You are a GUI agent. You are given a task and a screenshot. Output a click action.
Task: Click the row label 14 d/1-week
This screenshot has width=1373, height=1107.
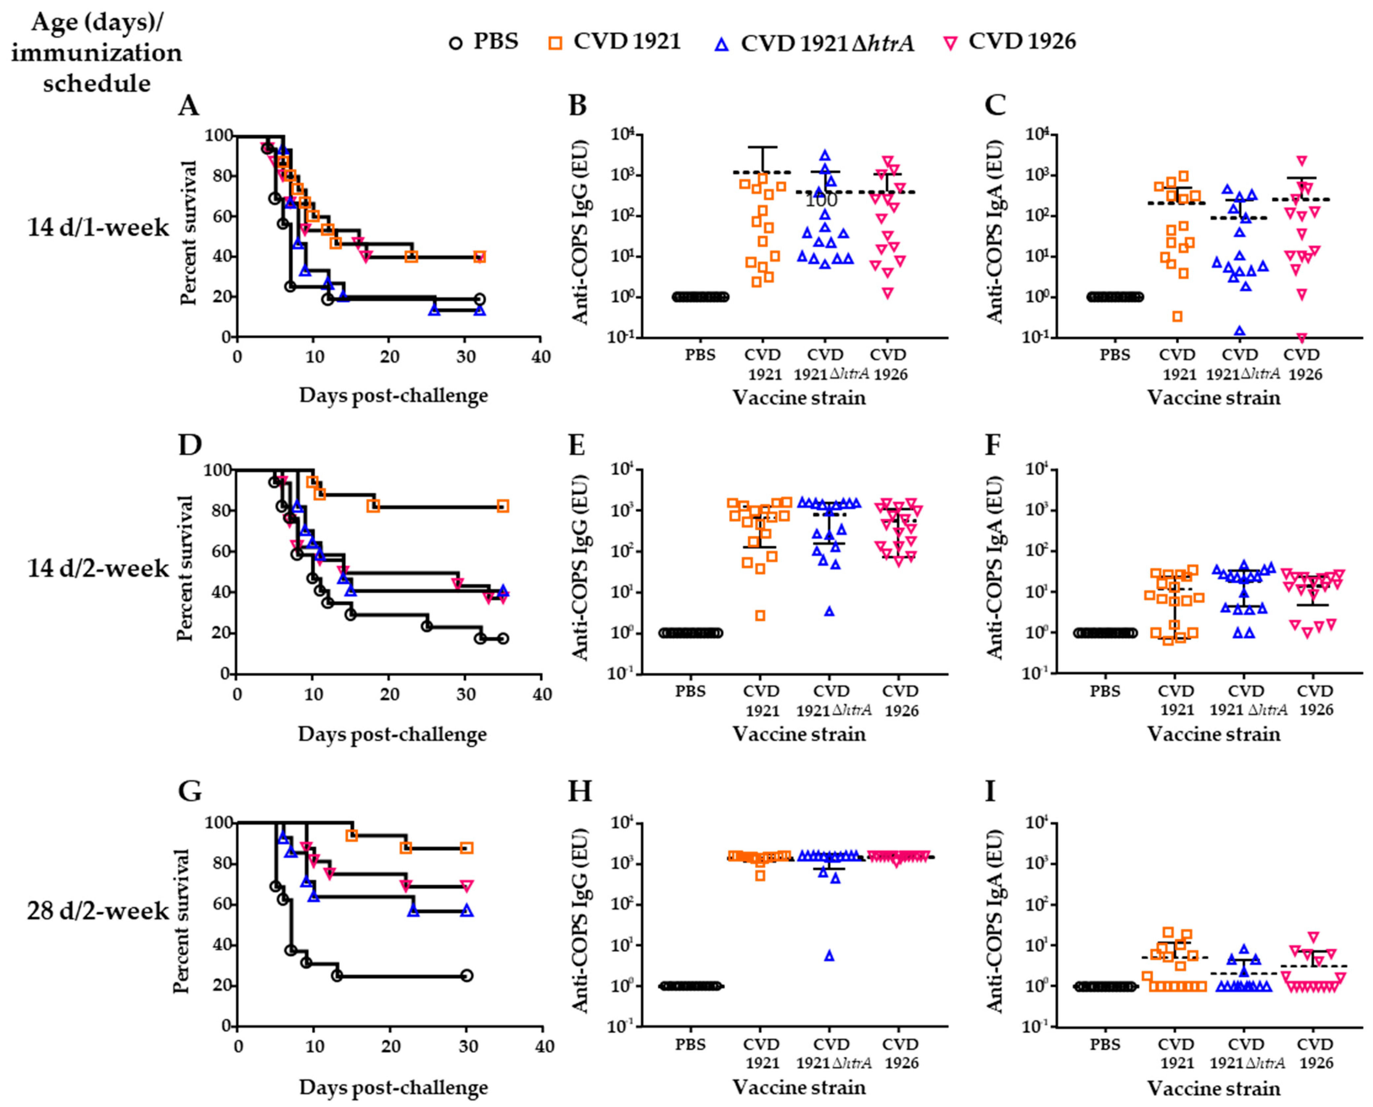pyautogui.click(x=98, y=227)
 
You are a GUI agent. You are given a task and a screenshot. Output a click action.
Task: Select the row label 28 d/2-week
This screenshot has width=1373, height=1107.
pyautogui.click(x=98, y=911)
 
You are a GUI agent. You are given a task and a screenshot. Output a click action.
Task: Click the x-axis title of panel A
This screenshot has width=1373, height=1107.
pyautogui.click(x=393, y=395)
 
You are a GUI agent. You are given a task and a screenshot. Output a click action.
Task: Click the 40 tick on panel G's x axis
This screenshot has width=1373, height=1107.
pyautogui.click(x=544, y=1046)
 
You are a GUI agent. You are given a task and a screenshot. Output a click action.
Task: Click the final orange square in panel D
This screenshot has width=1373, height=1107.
pyautogui.click(x=503, y=506)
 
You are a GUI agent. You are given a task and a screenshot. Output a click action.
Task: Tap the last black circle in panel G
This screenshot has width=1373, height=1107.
pyautogui.click(x=466, y=976)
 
